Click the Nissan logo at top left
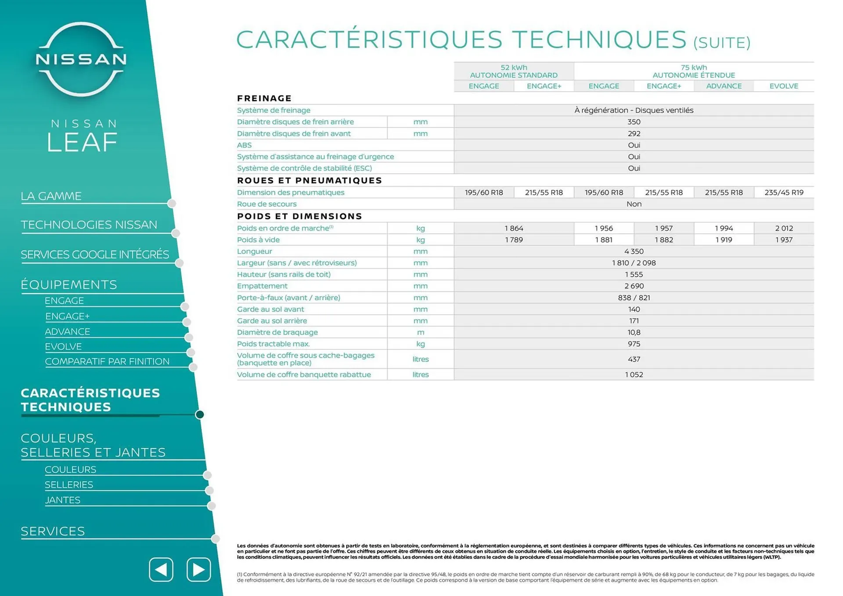81,59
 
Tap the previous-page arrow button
161,569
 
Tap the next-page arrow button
198,569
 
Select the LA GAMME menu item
51,196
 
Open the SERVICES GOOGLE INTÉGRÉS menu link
95,255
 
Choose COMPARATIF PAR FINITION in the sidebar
107,361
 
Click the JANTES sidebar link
63,500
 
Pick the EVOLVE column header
784,86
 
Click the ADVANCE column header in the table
724,86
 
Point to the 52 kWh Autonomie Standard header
514,71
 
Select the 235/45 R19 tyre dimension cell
784,192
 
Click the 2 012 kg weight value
784,228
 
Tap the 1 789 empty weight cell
514,240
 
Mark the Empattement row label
262,286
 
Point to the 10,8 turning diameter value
634,332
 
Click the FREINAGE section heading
264,98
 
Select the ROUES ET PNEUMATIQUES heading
310,180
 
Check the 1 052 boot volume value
634,374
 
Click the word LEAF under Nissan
82,142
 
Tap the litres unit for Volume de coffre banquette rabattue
420,374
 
